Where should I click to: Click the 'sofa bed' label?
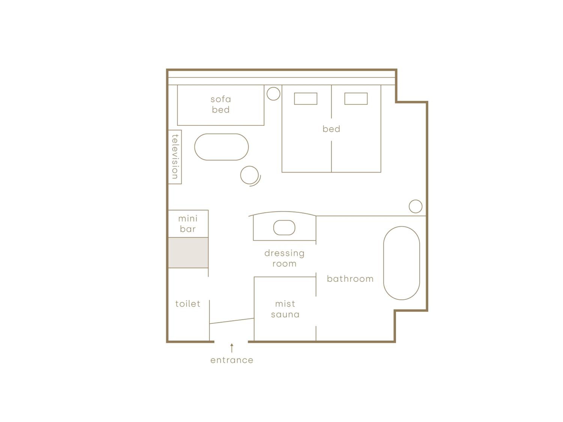tap(221, 104)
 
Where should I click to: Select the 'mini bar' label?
tap(188, 224)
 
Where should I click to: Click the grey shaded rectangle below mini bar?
tap(188, 253)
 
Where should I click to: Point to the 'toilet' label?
tap(188, 304)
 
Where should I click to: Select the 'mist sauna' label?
tap(285, 309)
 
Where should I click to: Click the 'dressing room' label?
tap(285, 258)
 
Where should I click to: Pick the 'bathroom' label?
tap(350, 279)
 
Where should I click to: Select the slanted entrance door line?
tap(232, 321)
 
